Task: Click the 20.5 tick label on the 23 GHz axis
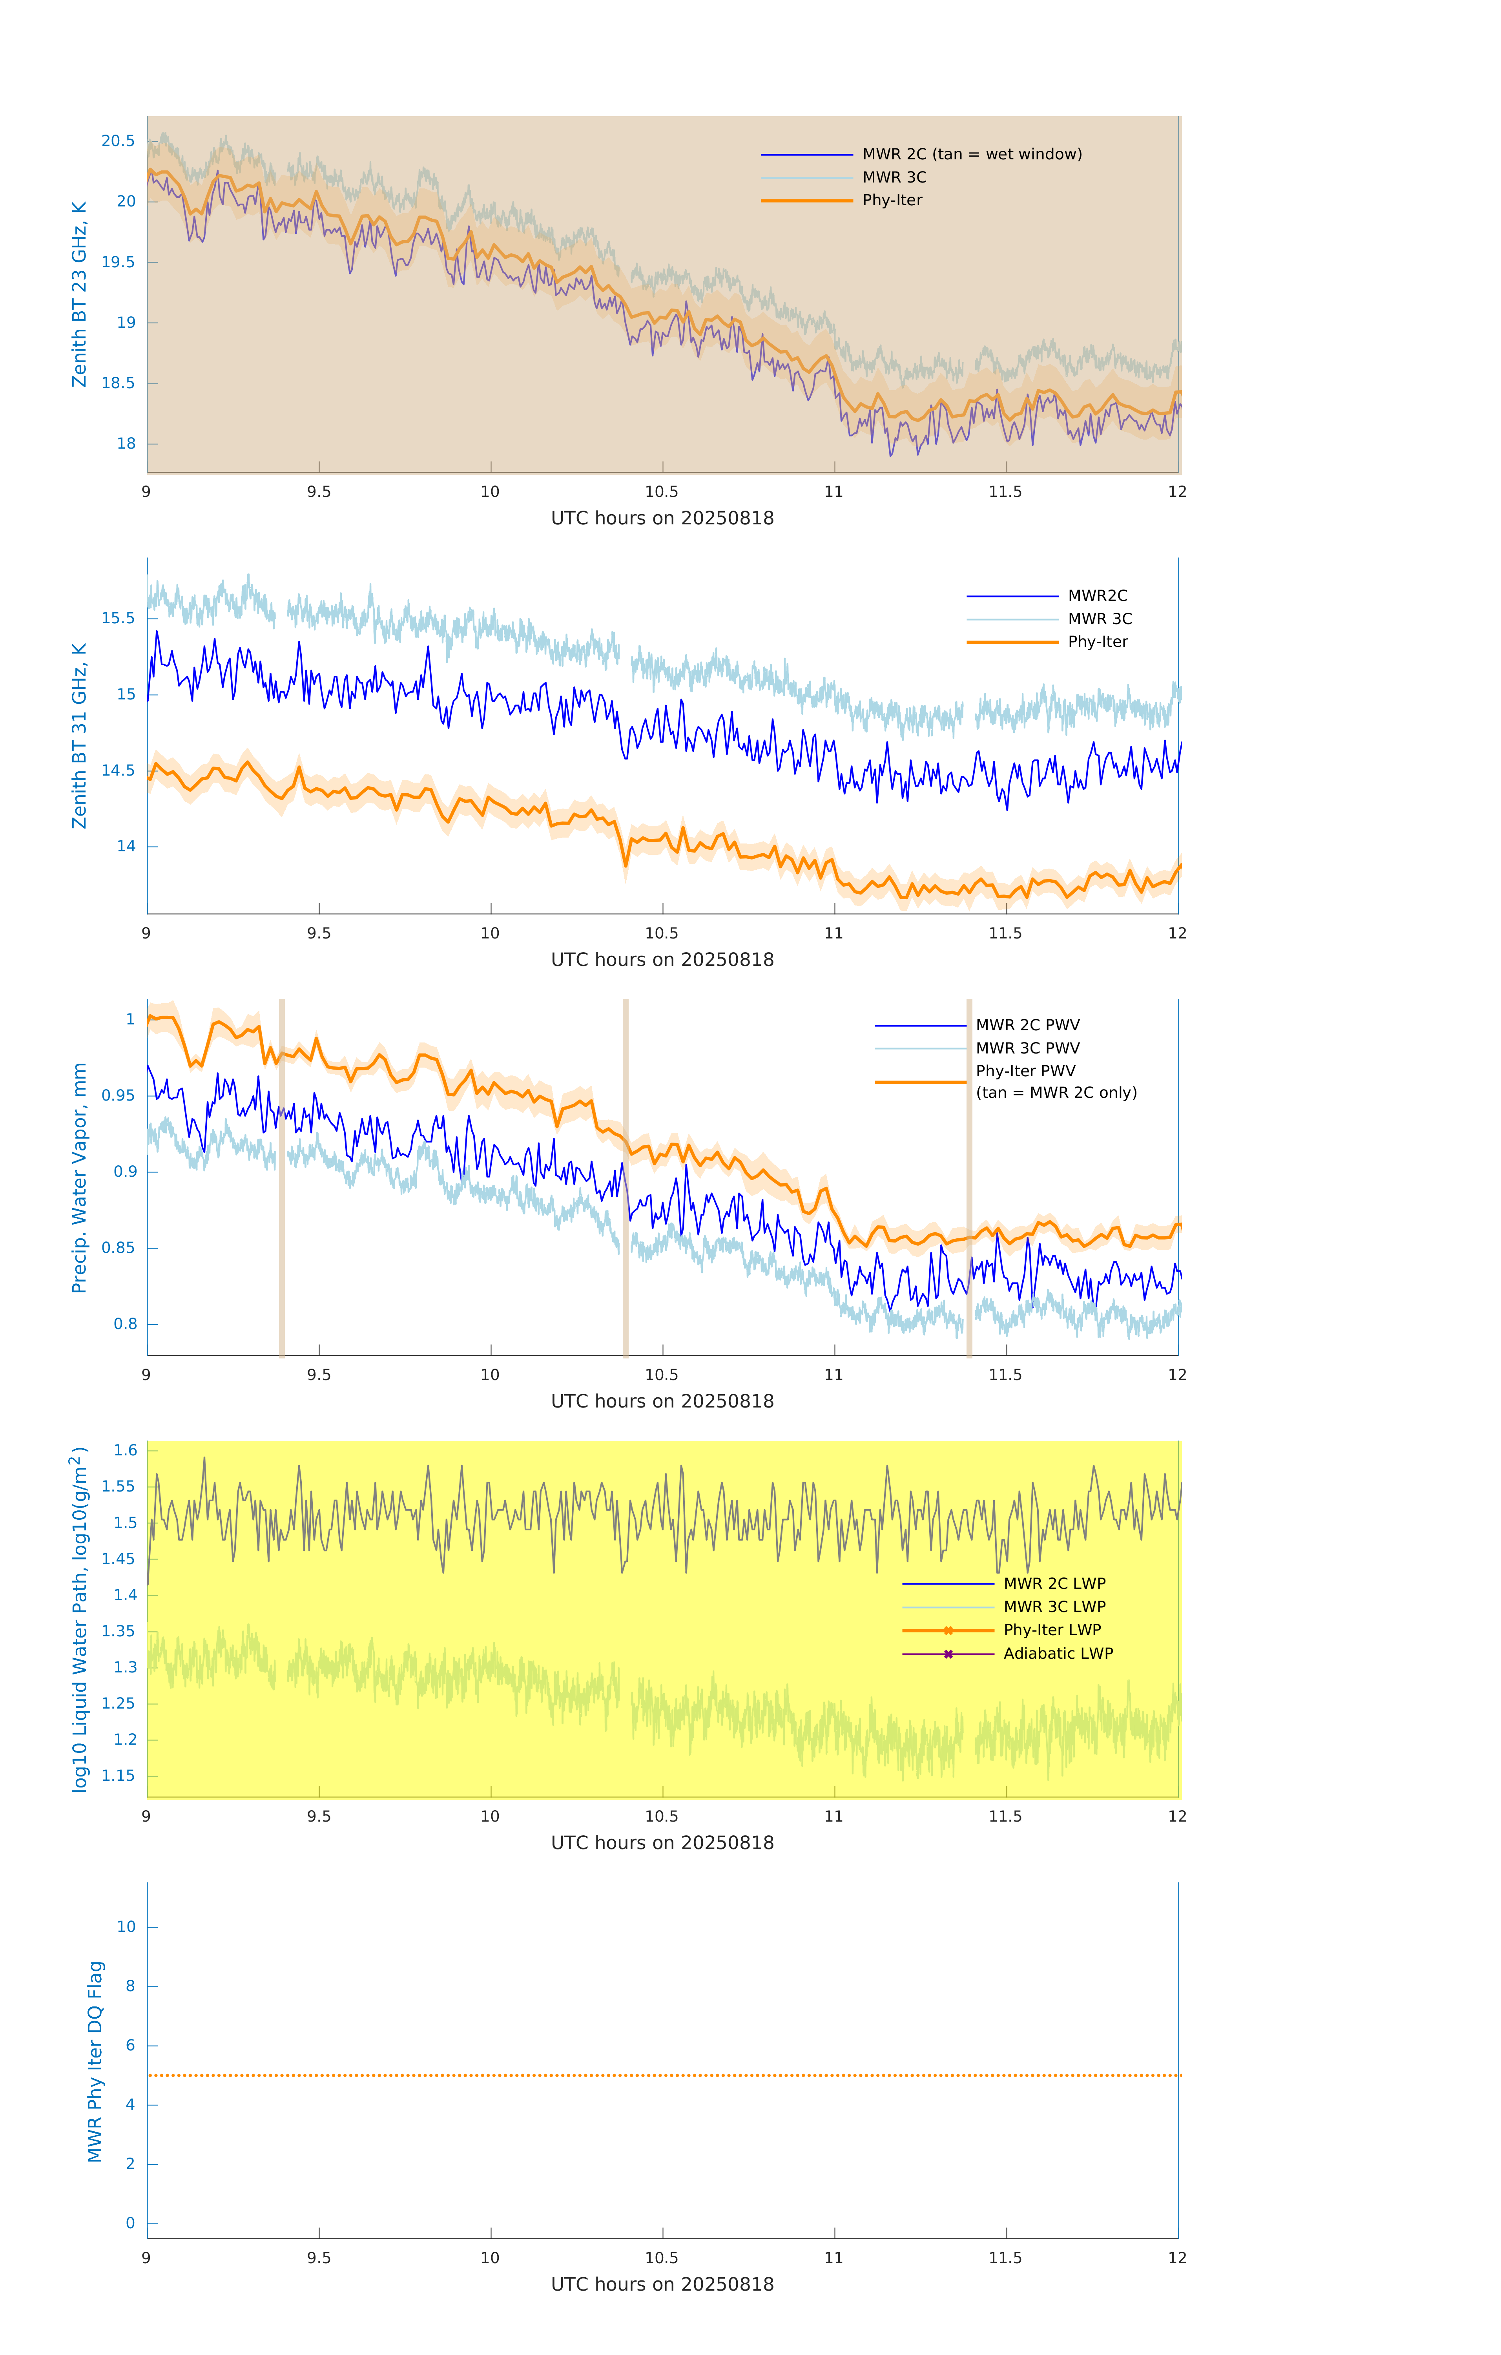click(119, 141)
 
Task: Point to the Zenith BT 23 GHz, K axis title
click(79, 294)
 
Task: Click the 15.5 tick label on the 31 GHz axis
click(119, 618)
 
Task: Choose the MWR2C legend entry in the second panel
click(1097, 595)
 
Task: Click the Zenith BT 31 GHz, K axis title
click(79, 736)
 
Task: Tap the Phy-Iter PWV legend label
click(1025, 1071)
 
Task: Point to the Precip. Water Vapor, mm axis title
click(79, 1177)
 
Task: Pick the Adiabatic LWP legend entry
click(1058, 1654)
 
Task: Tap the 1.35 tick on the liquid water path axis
click(119, 1631)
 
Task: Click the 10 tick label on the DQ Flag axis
click(126, 1927)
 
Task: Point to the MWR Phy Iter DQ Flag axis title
click(95, 2061)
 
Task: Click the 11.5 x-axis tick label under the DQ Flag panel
click(1005, 2258)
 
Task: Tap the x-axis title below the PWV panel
click(662, 1402)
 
